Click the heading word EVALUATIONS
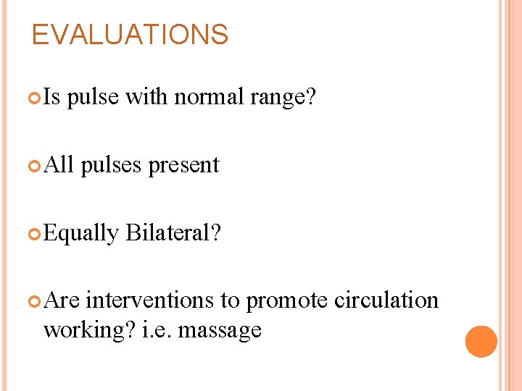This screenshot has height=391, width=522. [130, 35]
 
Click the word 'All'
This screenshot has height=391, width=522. [59, 165]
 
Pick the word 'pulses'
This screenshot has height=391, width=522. [112, 166]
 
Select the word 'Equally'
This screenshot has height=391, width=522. [80, 233]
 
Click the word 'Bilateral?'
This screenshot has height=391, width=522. [173, 232]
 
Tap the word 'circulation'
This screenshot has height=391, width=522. [386, 300]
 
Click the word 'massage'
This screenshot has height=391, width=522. [220, 331]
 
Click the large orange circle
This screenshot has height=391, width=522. [481, 341]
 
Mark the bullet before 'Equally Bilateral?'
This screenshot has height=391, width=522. [36, 233]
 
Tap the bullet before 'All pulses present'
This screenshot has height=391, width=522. [36, 165]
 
